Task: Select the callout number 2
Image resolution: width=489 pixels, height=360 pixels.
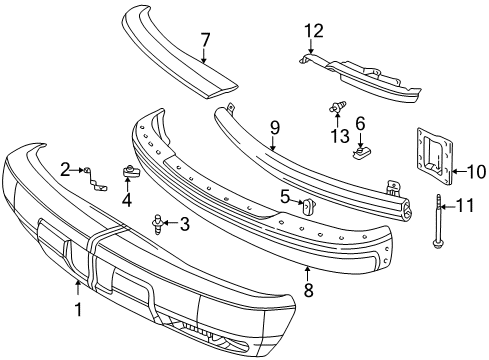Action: tap(66, 169)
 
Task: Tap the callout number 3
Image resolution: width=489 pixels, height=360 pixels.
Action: tap(184, 223)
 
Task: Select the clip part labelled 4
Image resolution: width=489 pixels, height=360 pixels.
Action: tap(130, 172)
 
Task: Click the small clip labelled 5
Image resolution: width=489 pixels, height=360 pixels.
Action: tap(309, 206)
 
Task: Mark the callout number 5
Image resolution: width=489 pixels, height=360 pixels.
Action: tap(285, 196)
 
